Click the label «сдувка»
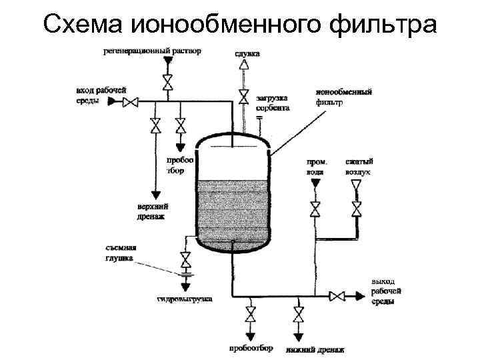[x=247, y=53]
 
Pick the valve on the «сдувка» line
[x=244, y=97]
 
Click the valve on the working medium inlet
[x=132, y=101]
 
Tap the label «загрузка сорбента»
[x=272, y=102]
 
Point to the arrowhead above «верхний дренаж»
[x=155, y=195]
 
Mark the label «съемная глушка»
[x=119, y=253]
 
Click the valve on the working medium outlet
[x=339, y=295]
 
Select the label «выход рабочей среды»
[x=387, y=292]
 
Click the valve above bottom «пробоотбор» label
[x=251, y=314]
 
